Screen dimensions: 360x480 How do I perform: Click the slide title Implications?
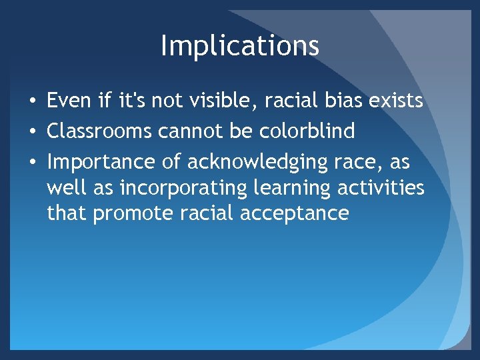[x=240, y=46]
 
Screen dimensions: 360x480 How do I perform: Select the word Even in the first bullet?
[x=67, y=101]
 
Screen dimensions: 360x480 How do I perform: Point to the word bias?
[x=337, y=101]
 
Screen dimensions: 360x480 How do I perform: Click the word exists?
[x=395, y=101]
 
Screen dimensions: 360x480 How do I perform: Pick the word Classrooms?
[x=99, y=131]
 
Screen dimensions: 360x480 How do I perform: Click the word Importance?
[x=100, y=162]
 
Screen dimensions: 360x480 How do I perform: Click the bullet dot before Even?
[x=32, y=102]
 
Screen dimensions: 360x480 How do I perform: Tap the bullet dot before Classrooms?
[x=32, y=132]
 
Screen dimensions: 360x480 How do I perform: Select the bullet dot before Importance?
[x=32, y=163]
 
